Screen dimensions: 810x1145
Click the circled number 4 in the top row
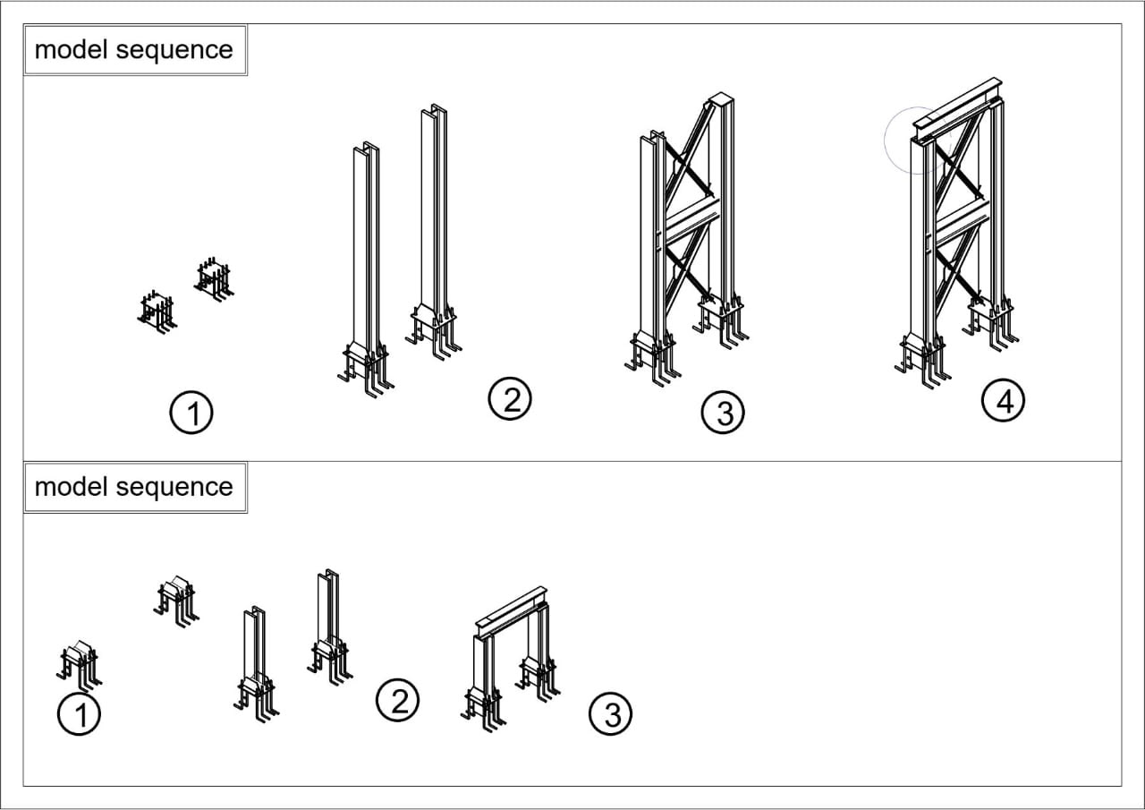1003,402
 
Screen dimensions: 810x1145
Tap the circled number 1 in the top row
191,414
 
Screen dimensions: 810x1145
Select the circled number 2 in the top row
510,399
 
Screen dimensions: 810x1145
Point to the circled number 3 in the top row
724,414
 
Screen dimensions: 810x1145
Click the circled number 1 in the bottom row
79,716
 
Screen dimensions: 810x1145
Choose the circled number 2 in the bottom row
398,699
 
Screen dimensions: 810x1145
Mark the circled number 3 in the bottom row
612,714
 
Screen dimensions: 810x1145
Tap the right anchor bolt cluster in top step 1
213,278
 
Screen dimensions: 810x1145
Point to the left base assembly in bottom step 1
79,661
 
